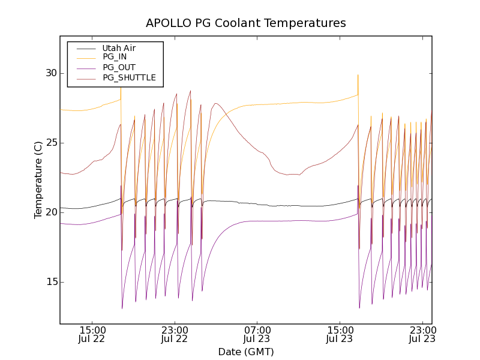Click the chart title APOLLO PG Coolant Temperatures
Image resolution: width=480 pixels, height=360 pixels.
tap(246, 23)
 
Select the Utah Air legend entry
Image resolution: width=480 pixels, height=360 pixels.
tap(119, 48)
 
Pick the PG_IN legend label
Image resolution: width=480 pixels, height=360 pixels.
tap(115, 57)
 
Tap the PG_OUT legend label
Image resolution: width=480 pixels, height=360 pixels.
tap(119, 67)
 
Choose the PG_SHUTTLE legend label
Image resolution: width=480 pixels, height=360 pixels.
tap(129, 77)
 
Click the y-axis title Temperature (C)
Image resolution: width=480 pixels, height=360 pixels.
tap(38, 180)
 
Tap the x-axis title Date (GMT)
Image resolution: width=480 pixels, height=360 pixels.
tap(246, 352)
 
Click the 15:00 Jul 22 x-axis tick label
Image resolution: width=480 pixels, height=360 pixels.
tap(92, 334)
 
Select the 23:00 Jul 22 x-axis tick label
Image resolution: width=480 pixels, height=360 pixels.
tap(175, 334)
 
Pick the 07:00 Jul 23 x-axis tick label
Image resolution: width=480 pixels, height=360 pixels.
tap(257, 334)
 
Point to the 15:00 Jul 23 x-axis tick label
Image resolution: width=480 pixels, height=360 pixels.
tap(340, 334)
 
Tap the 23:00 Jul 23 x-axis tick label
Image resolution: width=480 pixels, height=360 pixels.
tap(422, 334)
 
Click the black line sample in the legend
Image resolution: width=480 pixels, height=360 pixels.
tap(84, 48)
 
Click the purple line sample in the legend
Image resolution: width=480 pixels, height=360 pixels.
tap(84, 67)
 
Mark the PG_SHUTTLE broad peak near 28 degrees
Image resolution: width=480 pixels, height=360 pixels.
tap(216, 103)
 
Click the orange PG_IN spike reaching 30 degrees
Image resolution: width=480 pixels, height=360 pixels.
tap(358, 75)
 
